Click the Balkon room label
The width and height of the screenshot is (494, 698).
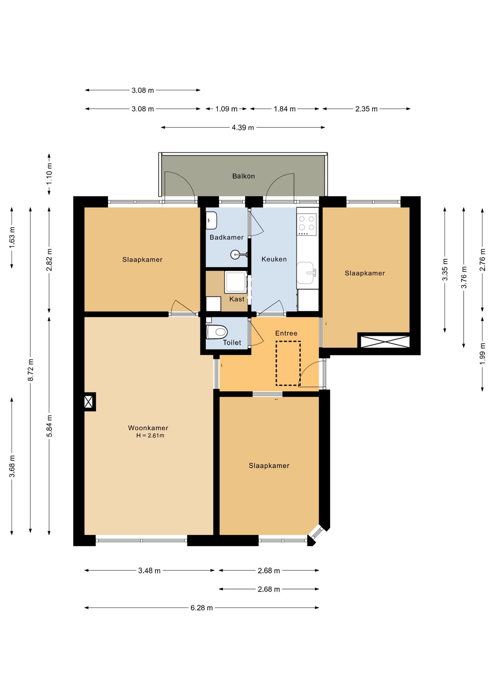243,176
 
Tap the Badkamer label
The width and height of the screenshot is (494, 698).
227,237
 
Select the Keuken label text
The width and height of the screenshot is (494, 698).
274,259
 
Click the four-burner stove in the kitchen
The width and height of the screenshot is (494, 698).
307,224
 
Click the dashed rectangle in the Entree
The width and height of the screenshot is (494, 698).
288,363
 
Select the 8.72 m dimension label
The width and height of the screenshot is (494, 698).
31,370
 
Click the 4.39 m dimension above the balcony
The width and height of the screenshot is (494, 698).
243,128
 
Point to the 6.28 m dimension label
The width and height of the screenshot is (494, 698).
202,608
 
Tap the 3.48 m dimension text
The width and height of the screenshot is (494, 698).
149,571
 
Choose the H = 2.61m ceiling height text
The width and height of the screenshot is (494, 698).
150,436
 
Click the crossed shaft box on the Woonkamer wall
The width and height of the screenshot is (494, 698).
89,402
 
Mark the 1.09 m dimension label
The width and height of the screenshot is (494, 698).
226,109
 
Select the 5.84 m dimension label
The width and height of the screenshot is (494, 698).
49,426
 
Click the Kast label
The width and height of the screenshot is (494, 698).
237,299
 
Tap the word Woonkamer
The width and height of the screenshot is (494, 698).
148,428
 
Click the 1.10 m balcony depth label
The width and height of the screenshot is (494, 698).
49,174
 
